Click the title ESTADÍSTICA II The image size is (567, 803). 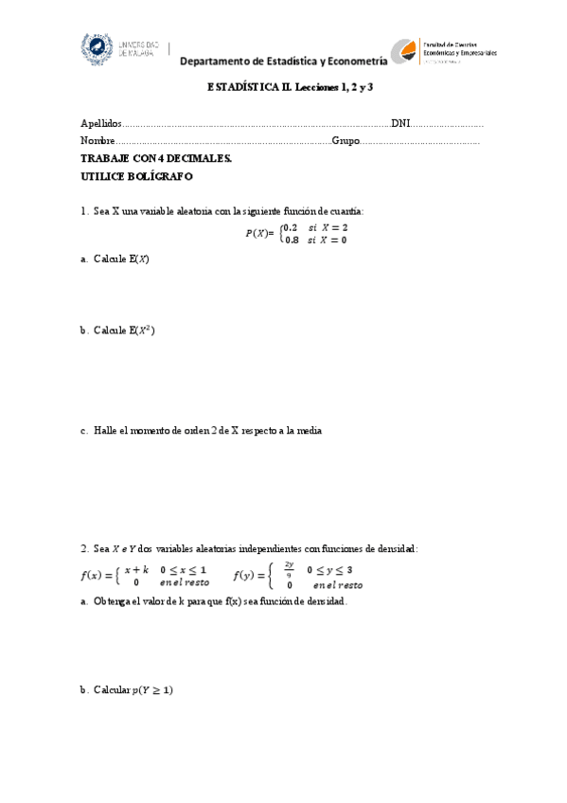(x=241, y=87)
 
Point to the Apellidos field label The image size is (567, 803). (x=101, y=124)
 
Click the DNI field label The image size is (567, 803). (x=400, y=124)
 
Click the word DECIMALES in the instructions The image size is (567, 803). (x=200, y=159)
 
